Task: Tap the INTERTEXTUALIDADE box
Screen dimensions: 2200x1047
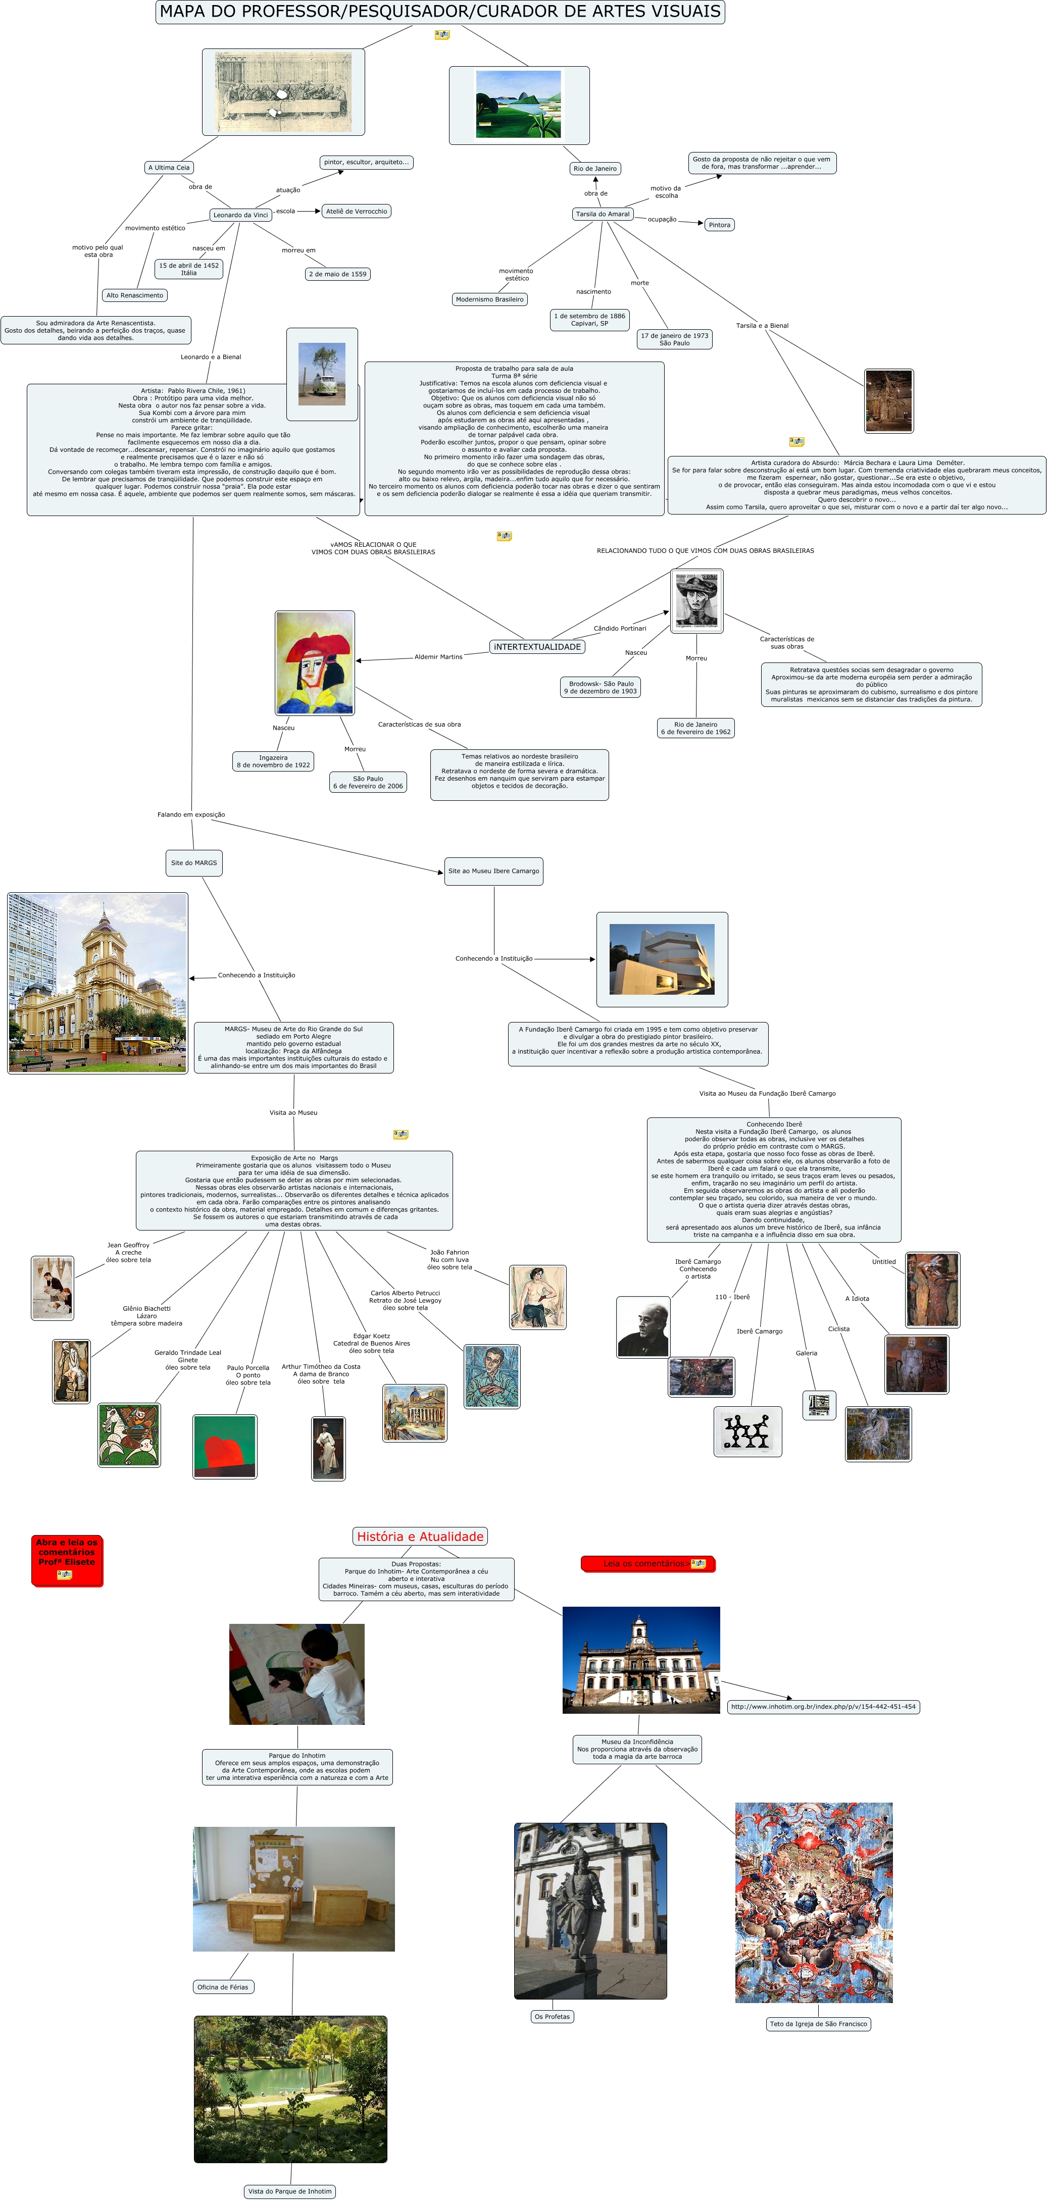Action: click(537, 646)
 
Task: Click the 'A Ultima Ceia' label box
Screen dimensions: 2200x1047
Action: click(169, 168)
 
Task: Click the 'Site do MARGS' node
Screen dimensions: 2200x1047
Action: click(194, 862)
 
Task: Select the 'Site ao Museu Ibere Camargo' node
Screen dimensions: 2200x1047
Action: click(493, 871)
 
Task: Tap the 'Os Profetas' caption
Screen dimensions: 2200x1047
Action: click(552, 2016)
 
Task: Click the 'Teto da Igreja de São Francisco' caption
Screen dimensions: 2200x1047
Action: click(818, 2023)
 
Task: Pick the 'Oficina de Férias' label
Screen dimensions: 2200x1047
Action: click(223, 1986)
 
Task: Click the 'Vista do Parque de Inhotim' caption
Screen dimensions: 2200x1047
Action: click(289, 2190)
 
